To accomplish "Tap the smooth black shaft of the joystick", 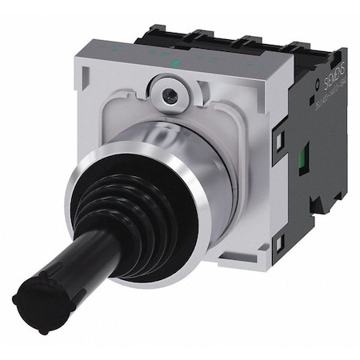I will [x=76, y=256].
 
